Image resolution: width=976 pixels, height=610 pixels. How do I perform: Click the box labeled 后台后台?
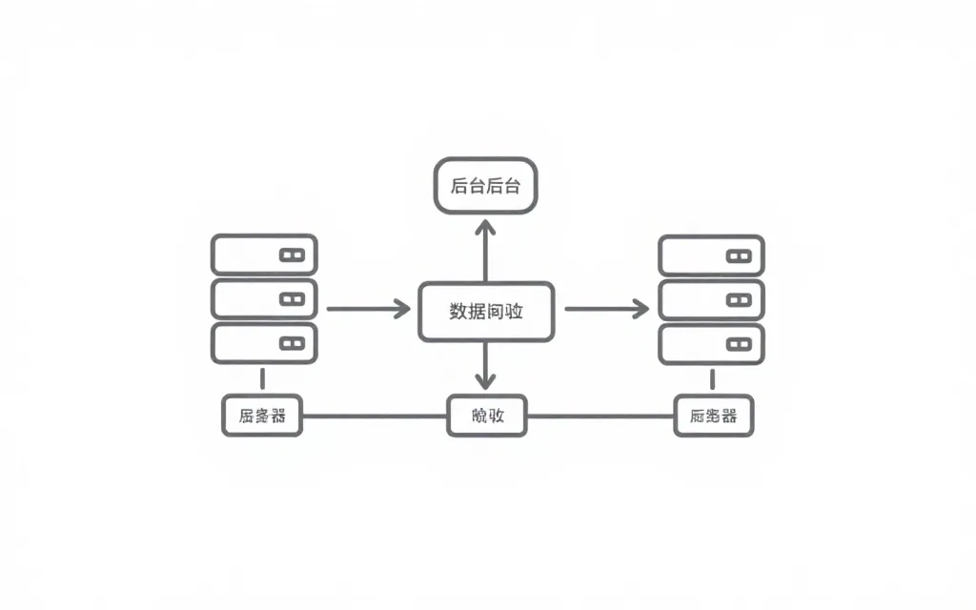[x=485, y=186]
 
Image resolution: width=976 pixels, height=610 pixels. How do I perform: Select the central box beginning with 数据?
[x=486, y=311]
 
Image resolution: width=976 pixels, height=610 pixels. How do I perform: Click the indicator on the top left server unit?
[x=291, y=255]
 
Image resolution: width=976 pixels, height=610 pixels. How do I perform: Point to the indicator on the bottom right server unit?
[x=739, y=343]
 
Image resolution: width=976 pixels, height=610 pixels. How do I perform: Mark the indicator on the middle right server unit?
[x=739, y=299]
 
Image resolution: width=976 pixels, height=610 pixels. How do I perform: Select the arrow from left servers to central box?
[x=368, y=309]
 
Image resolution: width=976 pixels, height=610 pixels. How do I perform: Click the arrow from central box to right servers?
[x=606, y=309]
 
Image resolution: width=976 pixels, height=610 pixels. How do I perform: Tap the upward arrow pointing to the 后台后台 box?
[x=485, y=250]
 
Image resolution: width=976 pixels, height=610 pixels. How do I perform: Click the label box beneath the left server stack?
[x=262, y=416]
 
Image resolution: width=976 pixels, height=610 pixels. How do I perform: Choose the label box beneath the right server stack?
[x=713, y=417]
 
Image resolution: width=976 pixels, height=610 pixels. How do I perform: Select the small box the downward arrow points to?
[x=486, y=416]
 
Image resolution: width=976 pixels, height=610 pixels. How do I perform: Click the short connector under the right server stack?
[x=712, y=378]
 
